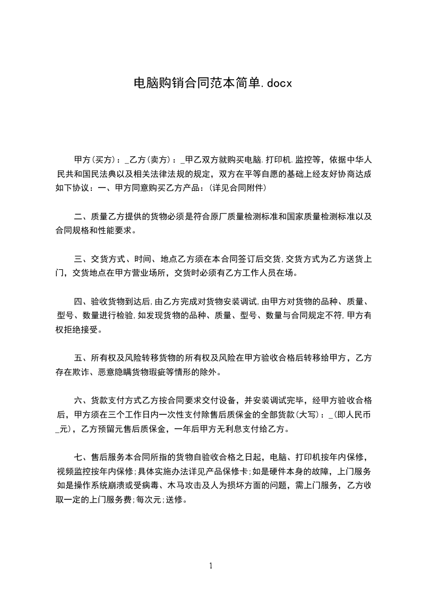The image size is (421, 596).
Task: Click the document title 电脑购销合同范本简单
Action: point(195,83)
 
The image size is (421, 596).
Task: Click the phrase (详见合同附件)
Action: point(236,188)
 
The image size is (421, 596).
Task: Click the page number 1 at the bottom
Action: point(211,565)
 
